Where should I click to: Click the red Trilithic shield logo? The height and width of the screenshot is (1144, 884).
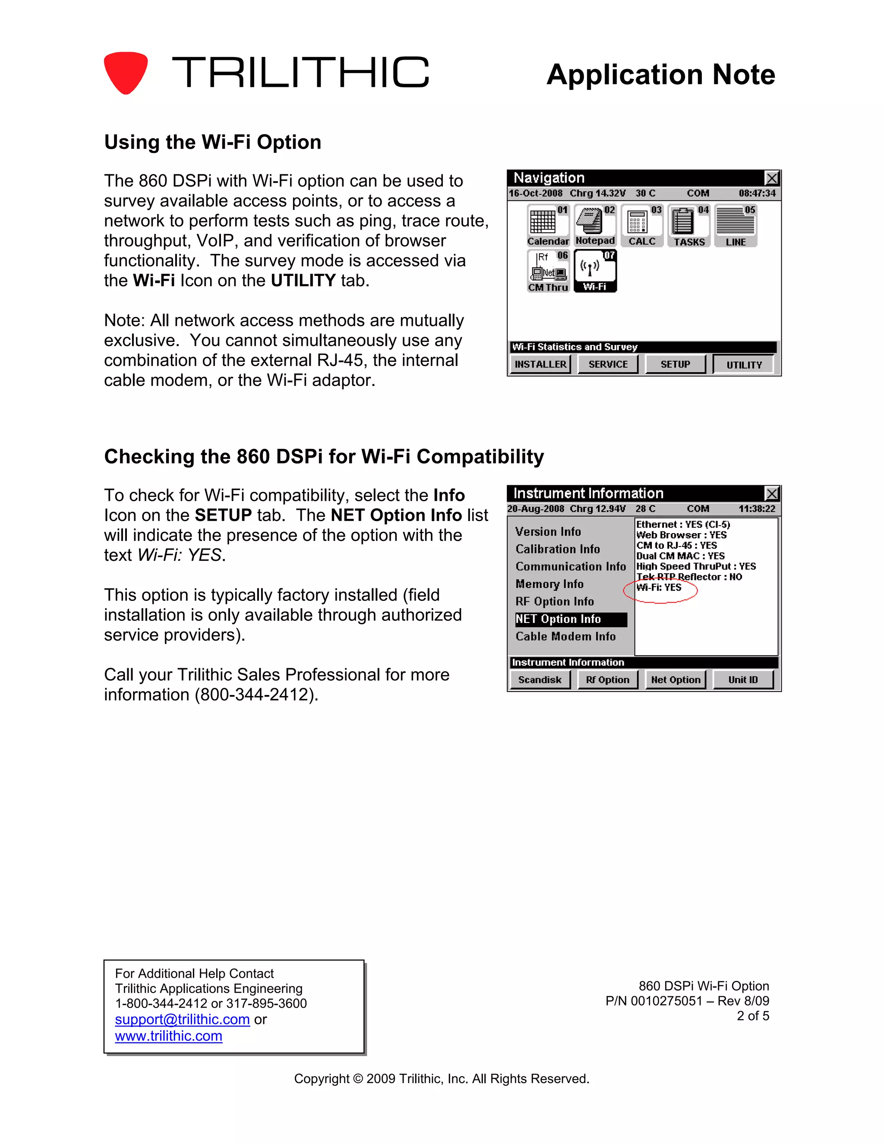point(125,72)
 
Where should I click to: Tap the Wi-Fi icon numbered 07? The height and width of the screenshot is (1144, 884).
point(595,271)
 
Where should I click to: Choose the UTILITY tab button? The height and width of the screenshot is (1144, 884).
point(744,365)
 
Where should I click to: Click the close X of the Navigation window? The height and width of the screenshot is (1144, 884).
point(772,178)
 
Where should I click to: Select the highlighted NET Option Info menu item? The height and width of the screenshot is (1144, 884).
point(570,619)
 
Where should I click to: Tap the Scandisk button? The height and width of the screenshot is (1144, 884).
point(540,680)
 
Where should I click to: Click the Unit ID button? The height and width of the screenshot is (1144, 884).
point(742,680)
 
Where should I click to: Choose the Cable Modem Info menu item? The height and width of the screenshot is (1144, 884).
point(565,636)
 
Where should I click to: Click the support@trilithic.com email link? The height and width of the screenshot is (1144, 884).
point(182,1019)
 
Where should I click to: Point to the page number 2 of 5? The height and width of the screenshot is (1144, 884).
point(752,1016)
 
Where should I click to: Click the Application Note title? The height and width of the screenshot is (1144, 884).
point(660,74)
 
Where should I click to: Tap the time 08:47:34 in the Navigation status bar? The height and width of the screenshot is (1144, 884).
point(757,193)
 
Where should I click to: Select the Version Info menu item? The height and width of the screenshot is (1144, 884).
point(548,532)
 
